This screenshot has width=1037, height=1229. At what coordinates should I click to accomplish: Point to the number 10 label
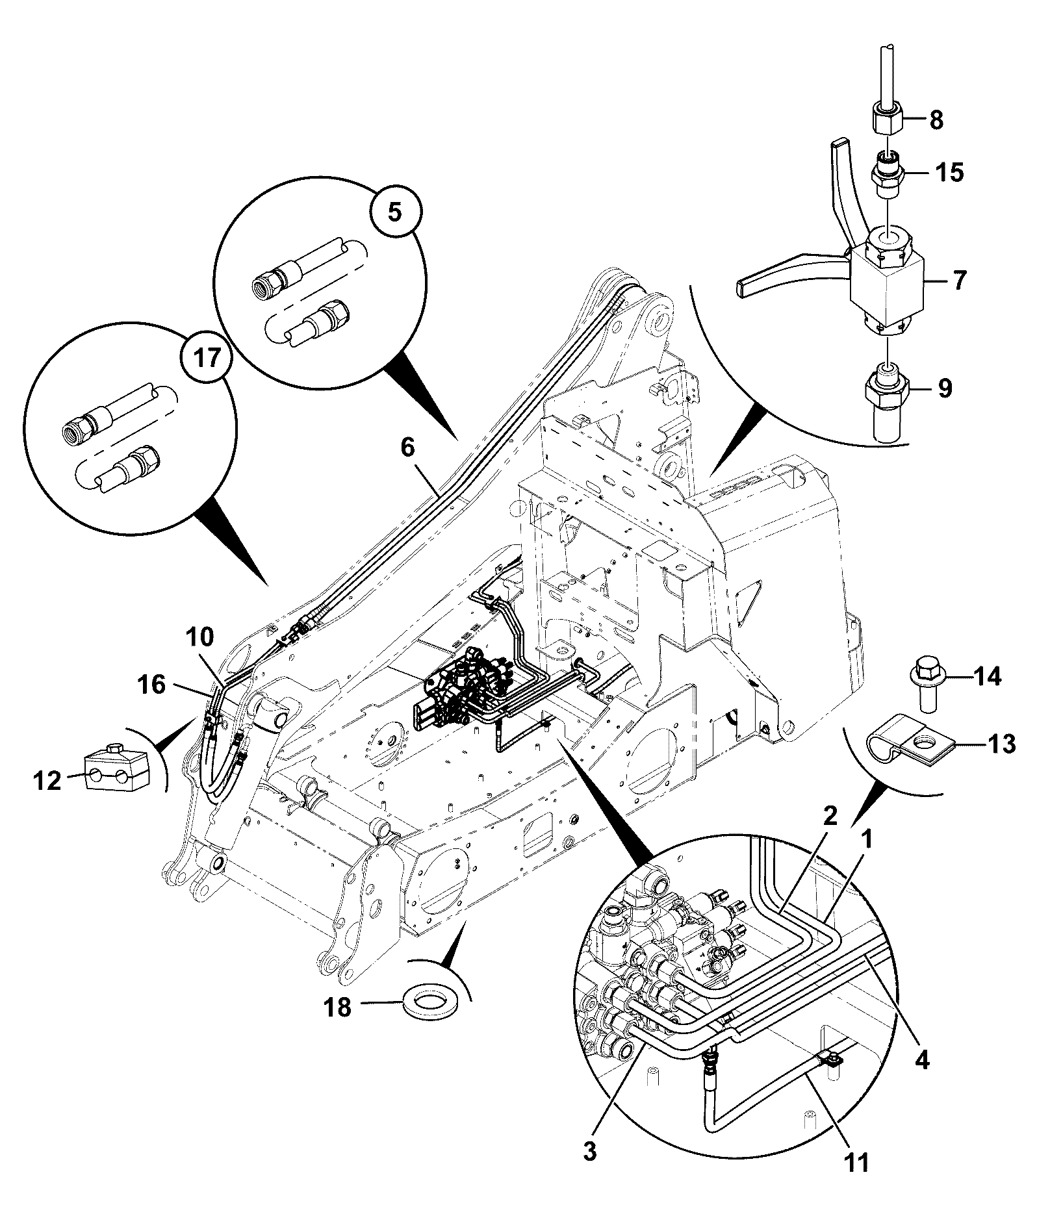(199, 637)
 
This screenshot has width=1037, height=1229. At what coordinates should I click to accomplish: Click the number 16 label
(152, 685)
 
